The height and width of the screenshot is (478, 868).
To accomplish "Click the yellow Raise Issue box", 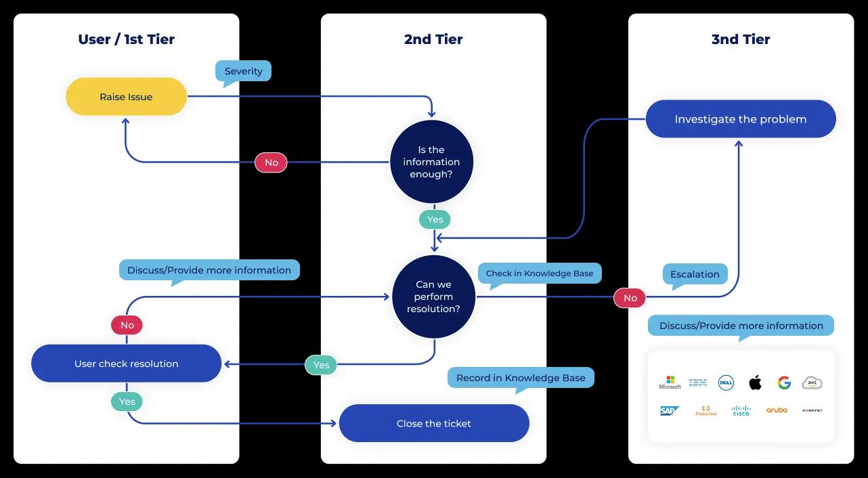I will [126, 97].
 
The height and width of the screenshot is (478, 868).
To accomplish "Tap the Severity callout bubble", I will [243, 71].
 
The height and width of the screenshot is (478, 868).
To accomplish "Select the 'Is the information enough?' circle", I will [431, 162].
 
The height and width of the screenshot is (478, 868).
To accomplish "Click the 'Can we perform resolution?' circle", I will [433, 297].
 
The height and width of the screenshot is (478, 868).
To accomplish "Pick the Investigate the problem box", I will [740, 119].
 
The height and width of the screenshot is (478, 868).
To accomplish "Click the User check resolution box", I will [126, 364].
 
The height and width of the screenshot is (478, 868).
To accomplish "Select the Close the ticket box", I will [433, 423].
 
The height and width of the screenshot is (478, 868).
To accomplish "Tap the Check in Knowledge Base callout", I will [539, 274].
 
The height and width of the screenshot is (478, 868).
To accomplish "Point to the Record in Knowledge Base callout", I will [520, 378].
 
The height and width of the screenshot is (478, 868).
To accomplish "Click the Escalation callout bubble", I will [695, 274].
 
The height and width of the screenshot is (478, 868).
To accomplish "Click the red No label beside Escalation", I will [630, 298].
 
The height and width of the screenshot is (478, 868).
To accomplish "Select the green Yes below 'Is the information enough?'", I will [435, 219].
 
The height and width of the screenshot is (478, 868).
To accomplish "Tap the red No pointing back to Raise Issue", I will [271, 162].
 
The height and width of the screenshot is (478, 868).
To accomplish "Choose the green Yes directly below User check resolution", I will [127, 401].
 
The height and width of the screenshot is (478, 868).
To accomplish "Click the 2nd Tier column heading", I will [433, 39].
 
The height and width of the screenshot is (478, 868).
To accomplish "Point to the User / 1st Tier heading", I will [126, 39].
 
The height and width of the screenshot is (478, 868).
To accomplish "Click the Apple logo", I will [755, 383].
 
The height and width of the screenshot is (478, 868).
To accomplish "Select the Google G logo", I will [784, 383].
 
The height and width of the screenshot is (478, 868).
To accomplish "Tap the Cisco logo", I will [741, 410].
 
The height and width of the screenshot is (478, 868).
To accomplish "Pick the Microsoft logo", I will [670, 383].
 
